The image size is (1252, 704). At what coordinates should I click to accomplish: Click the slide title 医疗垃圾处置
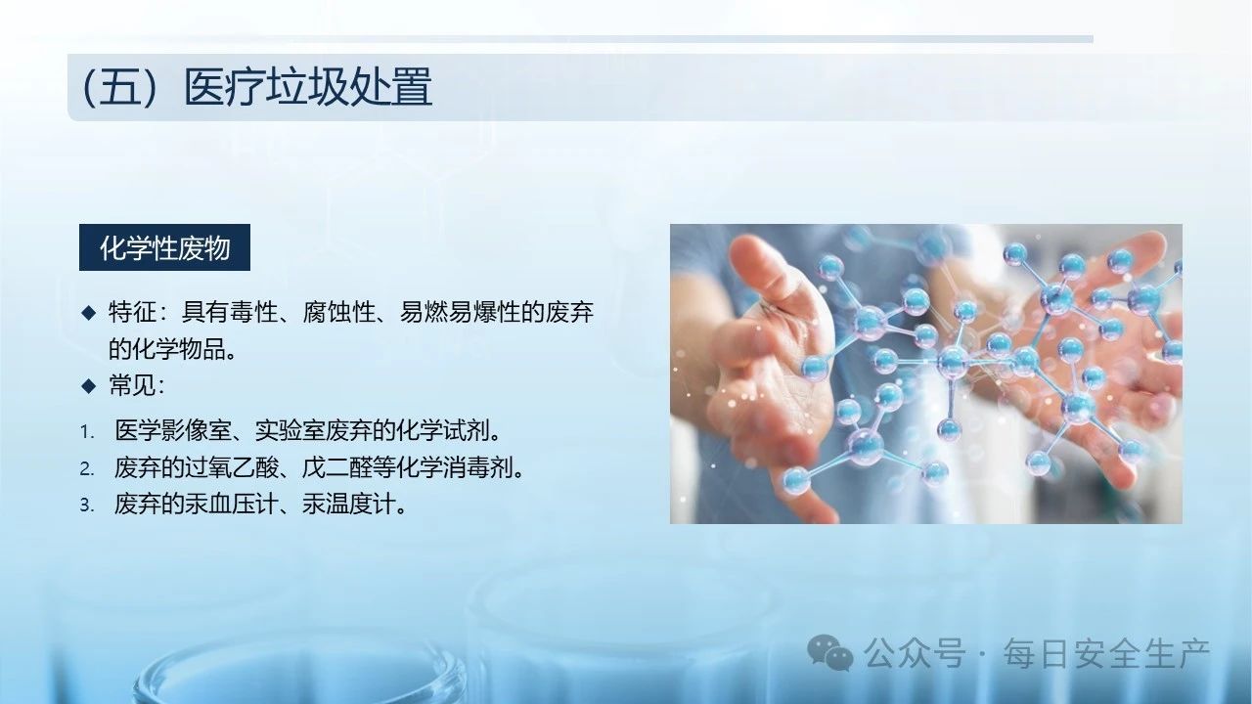(308, 87)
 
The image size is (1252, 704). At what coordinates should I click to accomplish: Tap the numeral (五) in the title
(119, 87)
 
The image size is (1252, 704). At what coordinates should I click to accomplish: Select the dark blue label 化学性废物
(164, 247)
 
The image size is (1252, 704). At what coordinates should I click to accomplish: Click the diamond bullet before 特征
(88, 312)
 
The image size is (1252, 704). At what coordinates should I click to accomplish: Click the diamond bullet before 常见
(88, 385)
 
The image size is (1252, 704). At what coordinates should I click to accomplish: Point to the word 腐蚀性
(338, 312)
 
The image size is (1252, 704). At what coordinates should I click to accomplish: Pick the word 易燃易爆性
(460, 312)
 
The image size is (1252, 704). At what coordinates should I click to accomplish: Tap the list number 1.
(87, 432)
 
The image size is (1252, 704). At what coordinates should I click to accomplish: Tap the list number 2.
(87, 468)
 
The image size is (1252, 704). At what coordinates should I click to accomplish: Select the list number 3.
(87, 506)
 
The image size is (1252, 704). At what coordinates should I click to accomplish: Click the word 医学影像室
(173, 431)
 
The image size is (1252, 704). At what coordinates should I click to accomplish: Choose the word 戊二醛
(336, 467)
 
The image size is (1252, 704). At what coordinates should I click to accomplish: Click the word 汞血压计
(232, 504)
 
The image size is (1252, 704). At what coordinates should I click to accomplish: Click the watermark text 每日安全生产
(1106, 653)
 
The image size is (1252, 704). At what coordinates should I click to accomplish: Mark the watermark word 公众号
(915, 653)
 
